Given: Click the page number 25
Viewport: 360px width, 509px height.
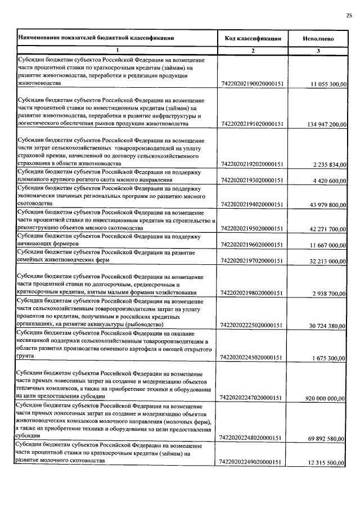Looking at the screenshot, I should click(349, 16).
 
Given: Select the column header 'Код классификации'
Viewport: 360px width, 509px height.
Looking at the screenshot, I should click(253, 38).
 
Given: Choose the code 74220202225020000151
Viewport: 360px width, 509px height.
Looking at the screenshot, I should click(251, 325).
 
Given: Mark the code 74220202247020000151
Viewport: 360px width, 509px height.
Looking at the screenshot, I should click(251, 398).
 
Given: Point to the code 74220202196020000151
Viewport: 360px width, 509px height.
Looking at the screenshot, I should click(251, 245).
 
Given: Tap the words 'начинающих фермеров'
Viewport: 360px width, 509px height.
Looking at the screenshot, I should click(46, 245).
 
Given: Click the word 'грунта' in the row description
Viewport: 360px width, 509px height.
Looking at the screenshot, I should click(26, 357).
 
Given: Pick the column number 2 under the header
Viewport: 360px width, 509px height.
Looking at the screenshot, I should click(253, 51).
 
